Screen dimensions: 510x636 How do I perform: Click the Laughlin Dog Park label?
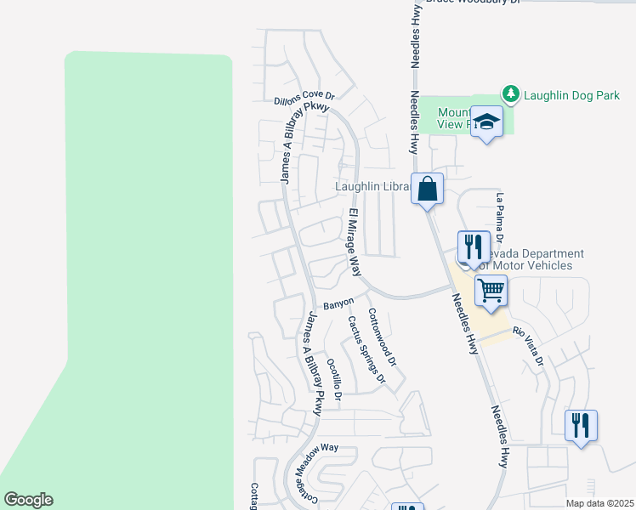(571, 95)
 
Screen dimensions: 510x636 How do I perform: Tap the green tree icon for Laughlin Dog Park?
(510, 94)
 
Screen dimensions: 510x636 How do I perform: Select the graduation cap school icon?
(486, 122)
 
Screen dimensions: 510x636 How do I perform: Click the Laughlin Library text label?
(373, 186)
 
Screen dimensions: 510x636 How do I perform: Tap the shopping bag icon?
(428, 188)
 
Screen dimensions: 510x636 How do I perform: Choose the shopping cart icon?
(491, 291)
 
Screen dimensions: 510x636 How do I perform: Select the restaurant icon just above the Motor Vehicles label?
(474, 247)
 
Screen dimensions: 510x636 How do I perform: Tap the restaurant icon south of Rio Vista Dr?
(581, 424)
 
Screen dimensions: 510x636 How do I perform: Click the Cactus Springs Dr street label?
(366, 349)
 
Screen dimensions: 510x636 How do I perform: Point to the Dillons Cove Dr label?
(304, 99)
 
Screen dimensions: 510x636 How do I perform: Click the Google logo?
(28, 500)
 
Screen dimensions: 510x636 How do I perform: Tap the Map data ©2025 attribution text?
(599, 503)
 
